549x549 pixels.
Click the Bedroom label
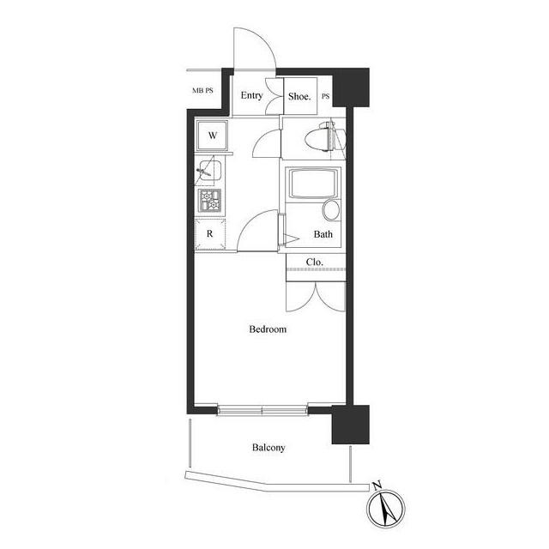268,329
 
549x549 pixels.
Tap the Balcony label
268,448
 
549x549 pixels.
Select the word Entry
251,95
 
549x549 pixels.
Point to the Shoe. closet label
299,96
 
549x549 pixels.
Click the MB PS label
202,90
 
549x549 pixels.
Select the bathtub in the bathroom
313,183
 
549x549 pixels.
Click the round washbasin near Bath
331,210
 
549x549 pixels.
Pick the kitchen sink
209,172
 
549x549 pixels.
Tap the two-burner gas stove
209,201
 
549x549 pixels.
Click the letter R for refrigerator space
209,233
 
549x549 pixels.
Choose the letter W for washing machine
213,136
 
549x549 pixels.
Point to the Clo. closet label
315,262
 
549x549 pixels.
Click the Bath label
323,234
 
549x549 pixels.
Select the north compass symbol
385,510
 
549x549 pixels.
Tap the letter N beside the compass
377,486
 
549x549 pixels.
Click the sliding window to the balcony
262,410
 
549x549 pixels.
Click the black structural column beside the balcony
350,425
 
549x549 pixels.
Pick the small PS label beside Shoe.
326,96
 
